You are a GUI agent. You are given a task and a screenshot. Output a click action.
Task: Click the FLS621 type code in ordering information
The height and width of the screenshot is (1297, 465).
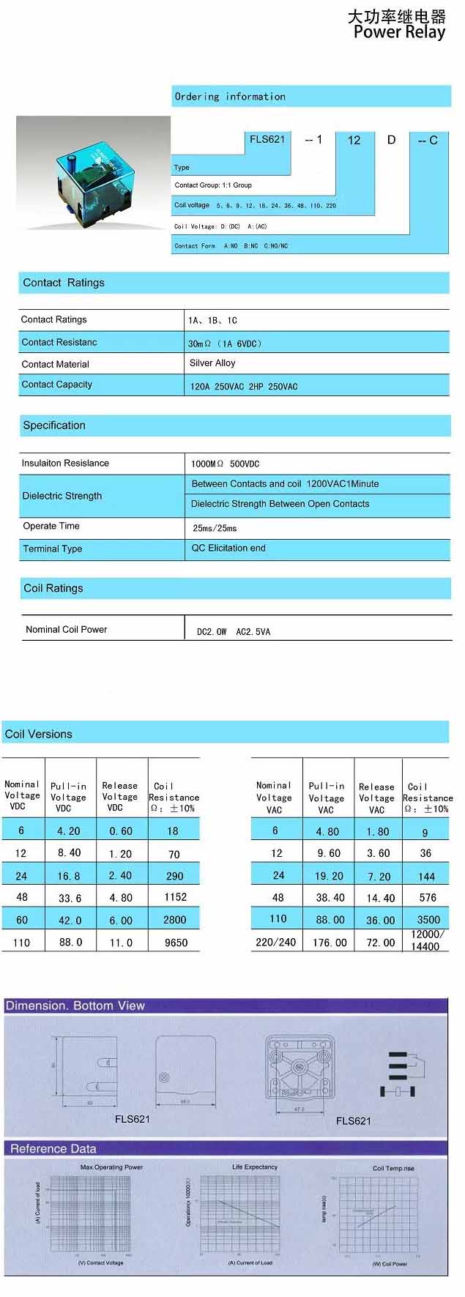point(267,139)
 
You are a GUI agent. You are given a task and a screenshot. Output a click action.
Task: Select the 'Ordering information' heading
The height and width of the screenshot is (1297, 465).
point(230,97)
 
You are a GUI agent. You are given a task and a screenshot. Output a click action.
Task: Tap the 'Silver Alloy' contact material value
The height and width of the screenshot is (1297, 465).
point(212,363)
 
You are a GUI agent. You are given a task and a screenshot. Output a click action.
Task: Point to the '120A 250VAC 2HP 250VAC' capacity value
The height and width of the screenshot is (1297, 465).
point(244,386)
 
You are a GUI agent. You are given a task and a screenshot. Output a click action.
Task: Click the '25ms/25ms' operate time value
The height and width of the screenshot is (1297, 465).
point(215,528)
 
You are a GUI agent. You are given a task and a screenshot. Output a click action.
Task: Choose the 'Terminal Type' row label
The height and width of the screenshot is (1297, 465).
point(53,549)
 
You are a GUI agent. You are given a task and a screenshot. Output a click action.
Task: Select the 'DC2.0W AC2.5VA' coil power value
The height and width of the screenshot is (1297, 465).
point(233,631)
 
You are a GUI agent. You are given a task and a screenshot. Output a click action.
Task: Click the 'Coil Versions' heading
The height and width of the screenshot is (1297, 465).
point(39,734)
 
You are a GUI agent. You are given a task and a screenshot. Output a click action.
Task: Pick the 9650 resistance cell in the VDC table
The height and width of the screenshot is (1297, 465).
point(176,943)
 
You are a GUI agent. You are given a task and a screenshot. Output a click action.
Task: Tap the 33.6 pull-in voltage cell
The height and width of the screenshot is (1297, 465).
point(70,898)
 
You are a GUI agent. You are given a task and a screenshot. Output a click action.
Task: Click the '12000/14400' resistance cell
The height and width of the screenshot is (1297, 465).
point(426,940)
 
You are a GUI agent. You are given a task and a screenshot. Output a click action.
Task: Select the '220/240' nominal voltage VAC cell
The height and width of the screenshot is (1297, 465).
point(275,943)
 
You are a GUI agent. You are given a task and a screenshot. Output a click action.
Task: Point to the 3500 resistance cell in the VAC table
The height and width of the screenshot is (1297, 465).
point(428,920)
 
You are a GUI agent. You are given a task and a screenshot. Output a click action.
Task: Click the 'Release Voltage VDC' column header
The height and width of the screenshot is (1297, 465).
point(119,797)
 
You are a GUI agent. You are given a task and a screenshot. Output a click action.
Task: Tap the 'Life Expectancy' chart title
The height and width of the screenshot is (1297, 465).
point(255,1167)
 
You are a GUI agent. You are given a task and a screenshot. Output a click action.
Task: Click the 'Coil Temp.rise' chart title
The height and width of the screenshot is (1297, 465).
point(393,1168)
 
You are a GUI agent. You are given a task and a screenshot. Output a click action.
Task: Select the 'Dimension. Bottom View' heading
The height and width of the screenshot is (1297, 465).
point(75,1006)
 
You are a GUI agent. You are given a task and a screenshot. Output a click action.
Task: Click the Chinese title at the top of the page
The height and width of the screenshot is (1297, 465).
point(396,16)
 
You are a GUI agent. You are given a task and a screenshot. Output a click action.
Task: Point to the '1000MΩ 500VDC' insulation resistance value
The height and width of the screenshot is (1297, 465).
point(225,464)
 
